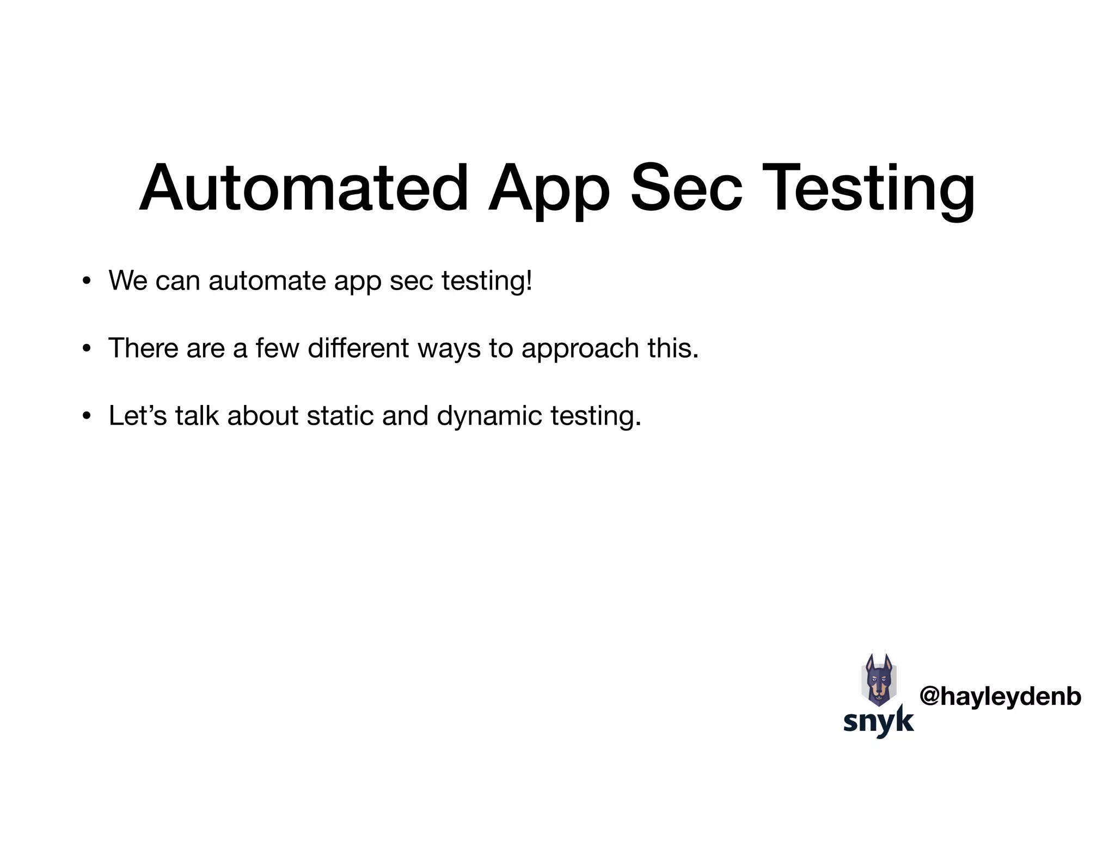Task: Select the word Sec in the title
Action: coord(686,188)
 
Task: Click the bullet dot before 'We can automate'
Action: coord(86,282)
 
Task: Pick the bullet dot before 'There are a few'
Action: coord(86,349)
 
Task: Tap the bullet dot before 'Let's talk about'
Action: coord(86,416)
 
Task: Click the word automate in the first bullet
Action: coord(267,281)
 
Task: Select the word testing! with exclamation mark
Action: coord(486,281)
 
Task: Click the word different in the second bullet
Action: coord(358,348)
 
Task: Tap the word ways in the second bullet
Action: coord(449,348)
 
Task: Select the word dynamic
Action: coord(489,416)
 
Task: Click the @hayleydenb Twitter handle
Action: coord(1000,696)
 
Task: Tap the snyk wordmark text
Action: coord(878,721)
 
